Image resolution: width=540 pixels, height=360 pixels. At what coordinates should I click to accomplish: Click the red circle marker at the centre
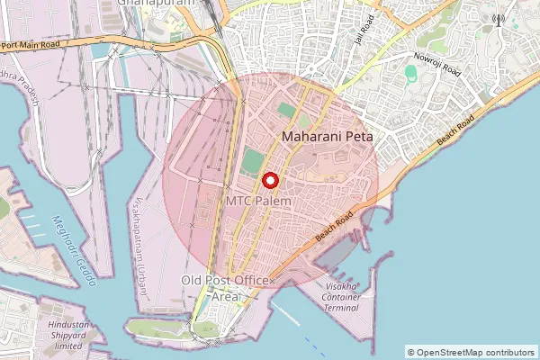coord(269,179)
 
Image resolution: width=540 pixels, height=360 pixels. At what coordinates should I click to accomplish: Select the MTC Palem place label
coord(258,202)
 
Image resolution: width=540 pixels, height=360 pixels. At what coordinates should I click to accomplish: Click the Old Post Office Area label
coord(226,288)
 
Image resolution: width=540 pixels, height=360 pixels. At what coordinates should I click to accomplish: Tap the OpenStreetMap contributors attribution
coord(470,352)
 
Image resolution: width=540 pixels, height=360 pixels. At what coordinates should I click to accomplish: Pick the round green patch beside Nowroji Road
coord(410,72)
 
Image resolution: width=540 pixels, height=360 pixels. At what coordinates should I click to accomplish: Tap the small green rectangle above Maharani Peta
coord(286,110)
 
